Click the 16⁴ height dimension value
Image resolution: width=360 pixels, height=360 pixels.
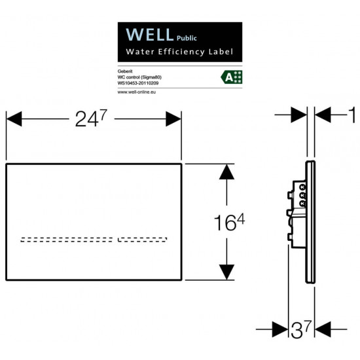pyautogui.click(x=229, y=222)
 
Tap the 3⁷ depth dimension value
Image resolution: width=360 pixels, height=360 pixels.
pyautogui.click(x=301, y=329)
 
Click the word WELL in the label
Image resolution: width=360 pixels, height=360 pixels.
pyautogui.click(x=150, y=35)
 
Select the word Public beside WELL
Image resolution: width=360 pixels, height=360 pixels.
pyautogui.click(x=187, y=38)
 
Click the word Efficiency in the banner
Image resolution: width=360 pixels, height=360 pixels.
pyautogui.click(x=181, y=52)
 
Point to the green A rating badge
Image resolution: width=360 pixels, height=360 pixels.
pyautogui.click(x=232, y=77)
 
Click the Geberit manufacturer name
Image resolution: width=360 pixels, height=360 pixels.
pyautogui.click(x=125, y=71)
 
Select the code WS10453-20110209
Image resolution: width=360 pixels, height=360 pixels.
pyautogui.click(x=138, y=83)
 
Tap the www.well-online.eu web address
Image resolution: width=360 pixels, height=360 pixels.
pyautogui.click(x=137, y=92)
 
